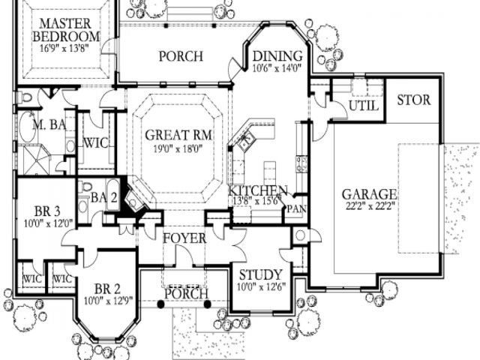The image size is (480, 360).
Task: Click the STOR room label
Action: [412, 100]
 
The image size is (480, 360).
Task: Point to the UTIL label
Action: [363, 107]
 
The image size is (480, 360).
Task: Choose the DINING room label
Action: [277, 56]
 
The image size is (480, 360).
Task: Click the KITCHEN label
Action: [258, 190]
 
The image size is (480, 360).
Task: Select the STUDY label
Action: [259, 274]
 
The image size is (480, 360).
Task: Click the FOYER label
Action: [184, 238]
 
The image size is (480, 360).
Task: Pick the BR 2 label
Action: [107, 289]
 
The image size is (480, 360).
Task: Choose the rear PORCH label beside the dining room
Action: [180, 56]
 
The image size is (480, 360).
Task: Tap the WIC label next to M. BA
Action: [97, 142]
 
